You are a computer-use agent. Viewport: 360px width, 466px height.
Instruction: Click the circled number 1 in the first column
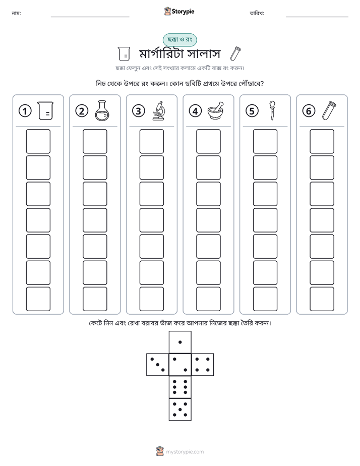25,111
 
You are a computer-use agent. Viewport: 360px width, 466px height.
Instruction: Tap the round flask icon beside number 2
102,110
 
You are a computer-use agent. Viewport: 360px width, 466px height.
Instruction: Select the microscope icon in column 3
159,110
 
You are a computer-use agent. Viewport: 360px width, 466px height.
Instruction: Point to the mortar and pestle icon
216,111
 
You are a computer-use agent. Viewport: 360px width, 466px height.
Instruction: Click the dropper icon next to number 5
272,110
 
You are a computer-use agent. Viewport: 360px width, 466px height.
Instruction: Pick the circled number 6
309,111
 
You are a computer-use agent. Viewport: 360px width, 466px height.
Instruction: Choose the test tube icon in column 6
329,110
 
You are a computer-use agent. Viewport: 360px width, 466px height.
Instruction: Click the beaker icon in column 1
45,110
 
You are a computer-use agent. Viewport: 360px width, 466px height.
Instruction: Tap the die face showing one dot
180,342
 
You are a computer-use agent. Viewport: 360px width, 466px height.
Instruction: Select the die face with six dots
180,387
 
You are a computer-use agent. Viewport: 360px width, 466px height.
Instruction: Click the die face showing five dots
180,410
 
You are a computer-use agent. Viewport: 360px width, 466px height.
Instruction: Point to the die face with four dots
203,365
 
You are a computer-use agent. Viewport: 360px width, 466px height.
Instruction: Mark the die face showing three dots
157,365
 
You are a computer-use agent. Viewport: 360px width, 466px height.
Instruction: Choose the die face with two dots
180,365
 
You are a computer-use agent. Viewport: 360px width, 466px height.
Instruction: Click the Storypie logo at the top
179,12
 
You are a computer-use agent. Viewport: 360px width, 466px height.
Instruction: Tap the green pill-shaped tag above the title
179,40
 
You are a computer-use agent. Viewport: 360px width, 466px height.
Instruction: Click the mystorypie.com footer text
185,452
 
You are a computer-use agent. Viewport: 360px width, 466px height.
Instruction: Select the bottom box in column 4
208,299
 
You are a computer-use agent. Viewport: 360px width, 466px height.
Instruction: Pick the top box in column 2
95,141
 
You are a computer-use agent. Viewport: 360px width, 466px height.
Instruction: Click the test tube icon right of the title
235,53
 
